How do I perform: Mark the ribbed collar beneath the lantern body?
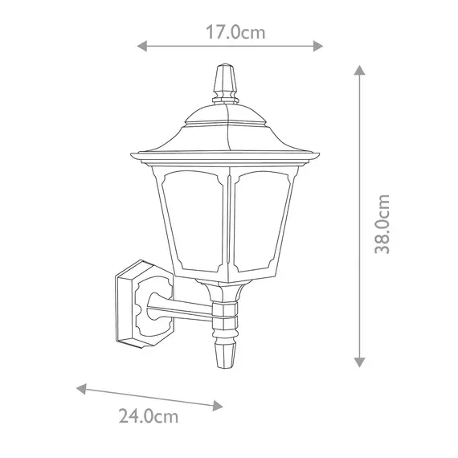point(227,317)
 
